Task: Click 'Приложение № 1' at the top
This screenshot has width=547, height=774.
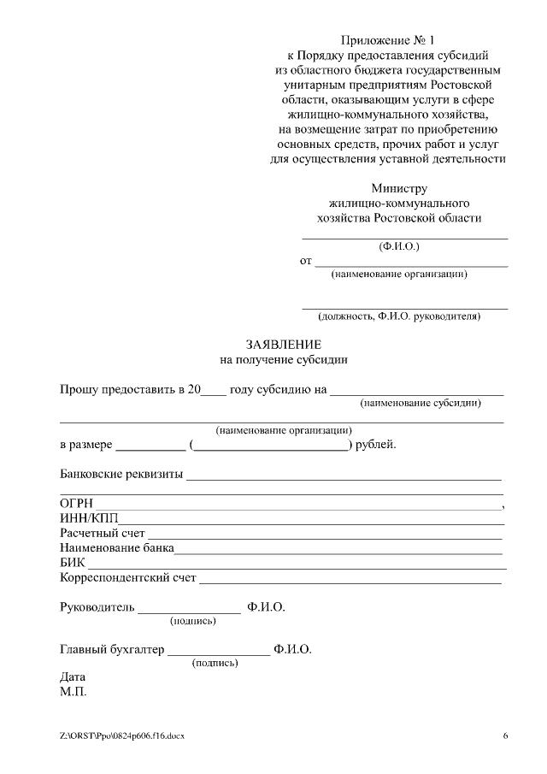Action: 387,40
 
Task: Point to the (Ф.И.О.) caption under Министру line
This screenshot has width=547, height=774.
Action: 399,246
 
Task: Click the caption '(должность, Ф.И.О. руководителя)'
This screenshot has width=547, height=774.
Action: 399,316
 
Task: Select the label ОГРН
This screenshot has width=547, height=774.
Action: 77,504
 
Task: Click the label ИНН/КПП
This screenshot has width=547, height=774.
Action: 89,519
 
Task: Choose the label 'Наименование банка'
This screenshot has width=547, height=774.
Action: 117,548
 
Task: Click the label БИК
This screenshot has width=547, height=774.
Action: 73,563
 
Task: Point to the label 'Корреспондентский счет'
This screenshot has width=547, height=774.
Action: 128,578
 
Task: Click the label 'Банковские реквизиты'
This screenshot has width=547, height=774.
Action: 121,474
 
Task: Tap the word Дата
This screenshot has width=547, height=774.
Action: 73,677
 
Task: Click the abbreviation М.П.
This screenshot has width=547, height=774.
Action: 74,691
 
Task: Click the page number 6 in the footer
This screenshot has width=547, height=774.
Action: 505,736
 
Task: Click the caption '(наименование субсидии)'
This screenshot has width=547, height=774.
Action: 420,403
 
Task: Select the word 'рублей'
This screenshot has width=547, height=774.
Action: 376,445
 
